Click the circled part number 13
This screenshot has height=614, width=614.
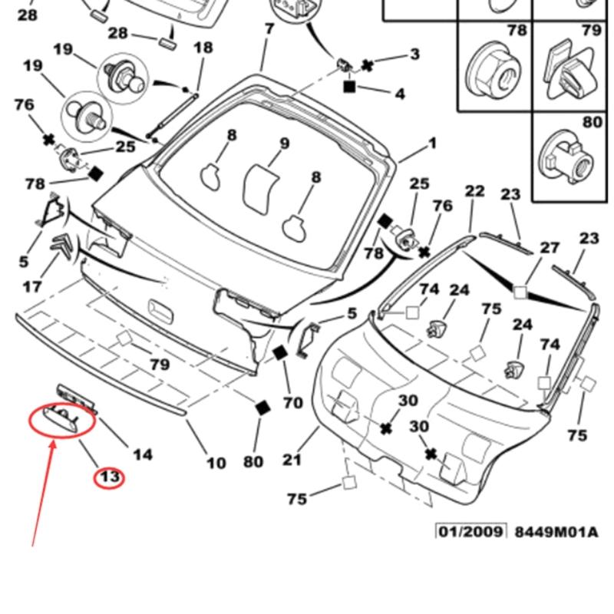click(x=109, y=477)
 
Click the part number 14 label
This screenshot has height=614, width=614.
click(x=143, y=454)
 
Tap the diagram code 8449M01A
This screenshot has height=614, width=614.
click(x=556, y=532)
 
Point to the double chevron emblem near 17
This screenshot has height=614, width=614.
click(x=63, y=247)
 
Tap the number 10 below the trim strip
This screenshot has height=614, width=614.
click(x=216, y=463)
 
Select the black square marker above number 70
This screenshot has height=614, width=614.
click(x=279, y=354)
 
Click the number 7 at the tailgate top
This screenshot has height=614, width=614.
click(x=269, y=30)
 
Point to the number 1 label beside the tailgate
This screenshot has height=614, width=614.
click(x=432, y=143)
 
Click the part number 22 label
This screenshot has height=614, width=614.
click(x=475, y=191)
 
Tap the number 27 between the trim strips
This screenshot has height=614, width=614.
click(x=550, y=248)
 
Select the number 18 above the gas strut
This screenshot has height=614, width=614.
click(x=203, y=48)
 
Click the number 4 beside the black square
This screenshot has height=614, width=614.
click(x=399, y=94)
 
